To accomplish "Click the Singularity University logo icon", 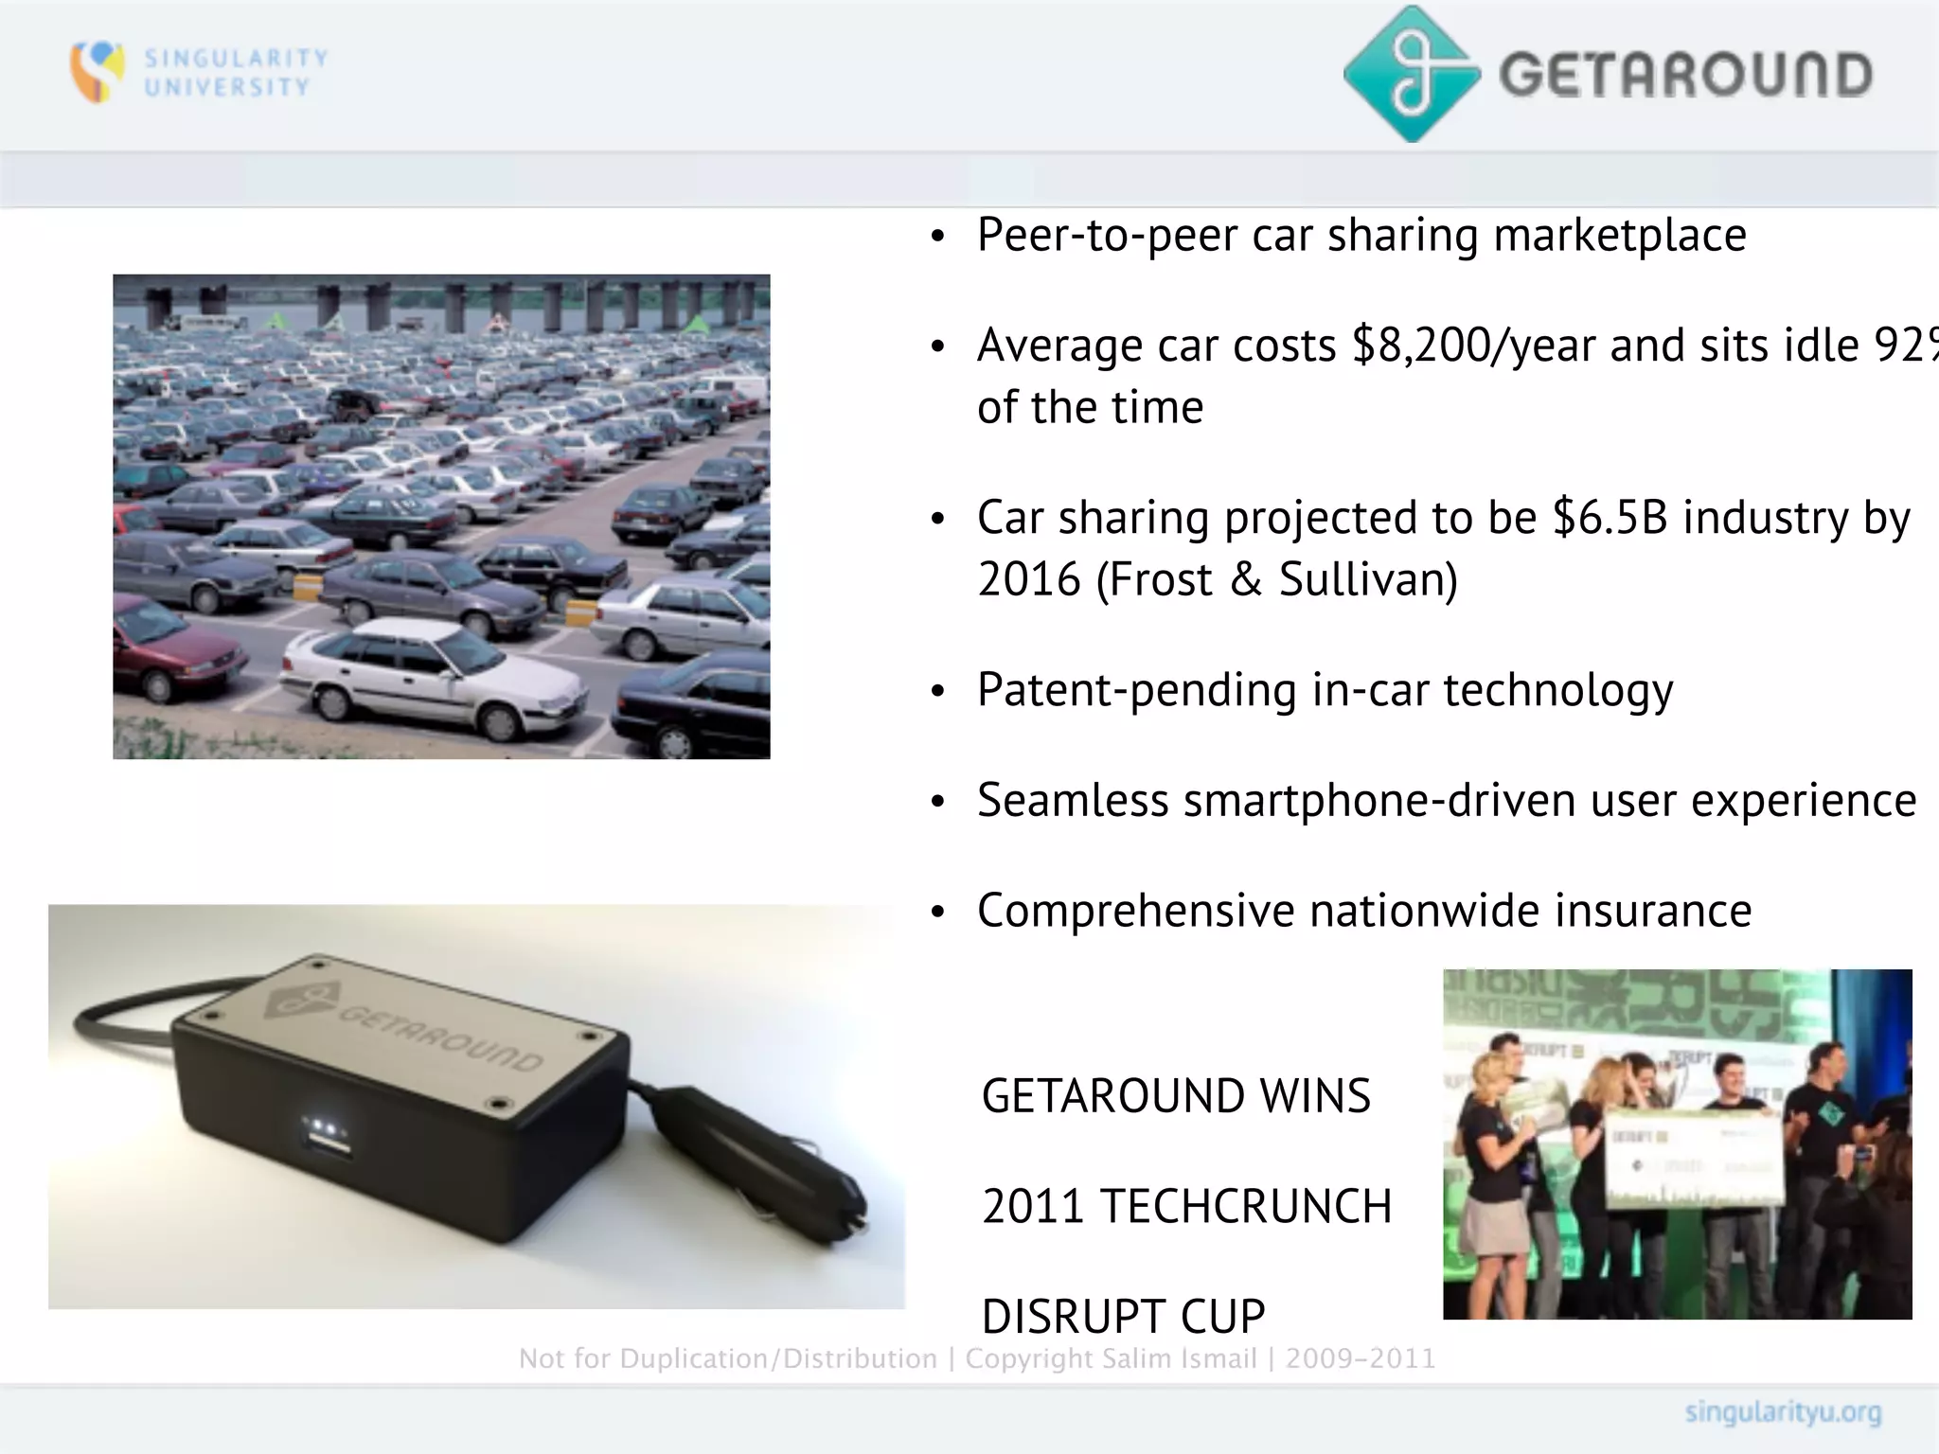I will coord(97,71).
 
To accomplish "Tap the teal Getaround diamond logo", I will coord(1412,74).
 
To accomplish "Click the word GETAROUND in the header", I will coord(1686,76).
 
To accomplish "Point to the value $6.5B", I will coord(1610,517).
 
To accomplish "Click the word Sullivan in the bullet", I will coord(1367,579).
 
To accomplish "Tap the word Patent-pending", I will coord(1136,689).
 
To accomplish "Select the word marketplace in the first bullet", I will coord(1619,235).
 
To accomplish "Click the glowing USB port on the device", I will coord(328,1135).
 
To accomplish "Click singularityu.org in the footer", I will coord(1782,1413).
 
